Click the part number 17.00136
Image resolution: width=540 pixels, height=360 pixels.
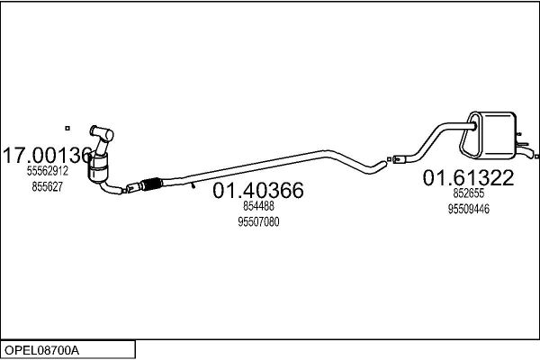pos(48,155)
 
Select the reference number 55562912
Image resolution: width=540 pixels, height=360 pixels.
pos(48,171)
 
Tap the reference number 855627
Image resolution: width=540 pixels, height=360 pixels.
pos(48,186)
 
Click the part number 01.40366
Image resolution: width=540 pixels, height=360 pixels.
pos(258,190)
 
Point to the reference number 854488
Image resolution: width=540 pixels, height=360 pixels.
pos(258,206)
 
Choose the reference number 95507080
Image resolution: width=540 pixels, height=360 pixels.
pos(258,222)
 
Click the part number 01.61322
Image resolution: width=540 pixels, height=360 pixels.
pos(468,178)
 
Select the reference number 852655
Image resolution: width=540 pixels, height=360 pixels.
pos(468,193)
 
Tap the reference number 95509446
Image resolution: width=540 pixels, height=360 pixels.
pos(468,209)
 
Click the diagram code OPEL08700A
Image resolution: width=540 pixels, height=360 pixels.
pos(41,351)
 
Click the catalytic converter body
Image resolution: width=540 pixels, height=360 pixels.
pos(99,167)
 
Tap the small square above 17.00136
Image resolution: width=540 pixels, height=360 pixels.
pos(67,128)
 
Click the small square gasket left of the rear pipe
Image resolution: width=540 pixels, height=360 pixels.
pos(389,159)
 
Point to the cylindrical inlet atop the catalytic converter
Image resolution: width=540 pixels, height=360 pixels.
pos(102,132)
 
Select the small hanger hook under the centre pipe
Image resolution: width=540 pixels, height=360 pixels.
pos(193,186)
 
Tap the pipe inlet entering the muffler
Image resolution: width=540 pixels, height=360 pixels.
pos(472,126)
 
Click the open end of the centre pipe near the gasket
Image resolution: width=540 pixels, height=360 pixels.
pos(383,164)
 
